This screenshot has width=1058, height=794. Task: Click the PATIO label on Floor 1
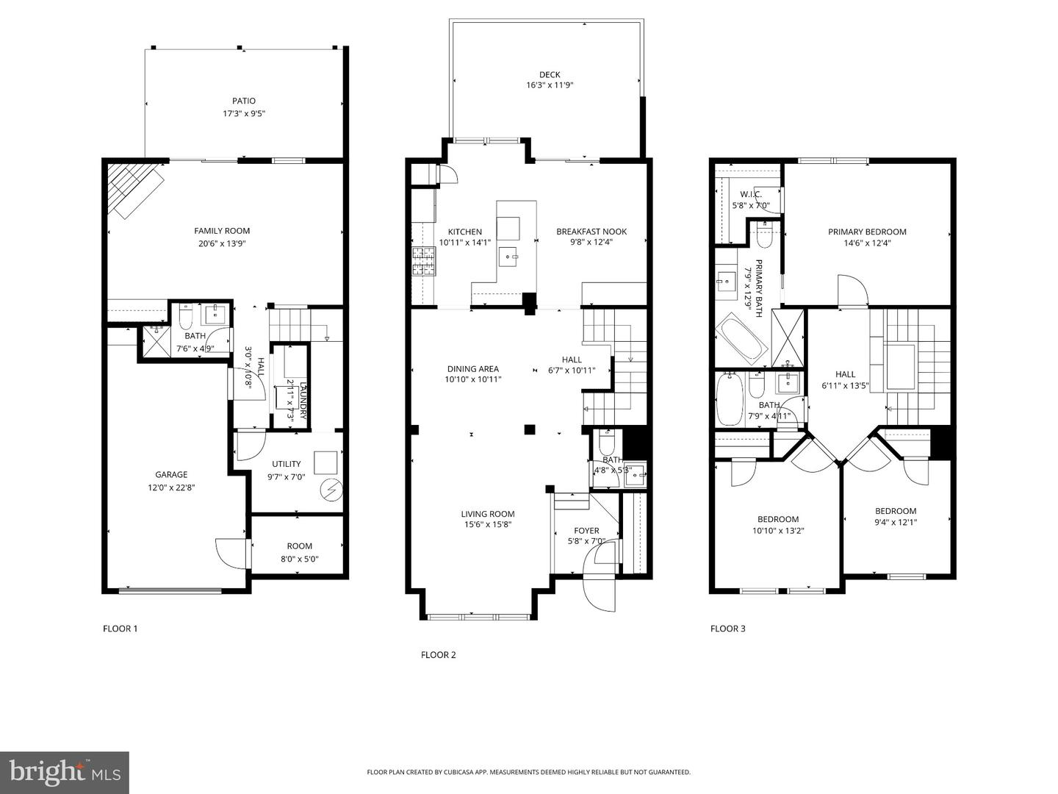pos(244,101)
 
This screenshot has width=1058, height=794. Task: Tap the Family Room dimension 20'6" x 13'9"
pos(222,243)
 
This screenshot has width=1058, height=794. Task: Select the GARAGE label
pos(170,474)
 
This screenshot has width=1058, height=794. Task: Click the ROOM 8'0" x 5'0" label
pos(299,552)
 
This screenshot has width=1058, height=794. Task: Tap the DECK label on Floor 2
pos(550,74)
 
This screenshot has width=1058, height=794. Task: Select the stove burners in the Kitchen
pos(424,261)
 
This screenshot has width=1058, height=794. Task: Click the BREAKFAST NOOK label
pos(591,232)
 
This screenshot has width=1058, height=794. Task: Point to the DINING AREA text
pos(472,369)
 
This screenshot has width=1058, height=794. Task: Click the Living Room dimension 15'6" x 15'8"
pos(487,525)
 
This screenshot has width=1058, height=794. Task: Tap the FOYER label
pos(586,530)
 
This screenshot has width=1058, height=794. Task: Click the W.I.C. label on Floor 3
pos(750,194)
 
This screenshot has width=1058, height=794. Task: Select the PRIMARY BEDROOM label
pos(867,232)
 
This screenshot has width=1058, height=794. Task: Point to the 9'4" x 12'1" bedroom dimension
pos(896,523)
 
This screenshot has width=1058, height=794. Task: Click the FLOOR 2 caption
pos(438,654)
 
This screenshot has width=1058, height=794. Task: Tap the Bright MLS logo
pos(65,772)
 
